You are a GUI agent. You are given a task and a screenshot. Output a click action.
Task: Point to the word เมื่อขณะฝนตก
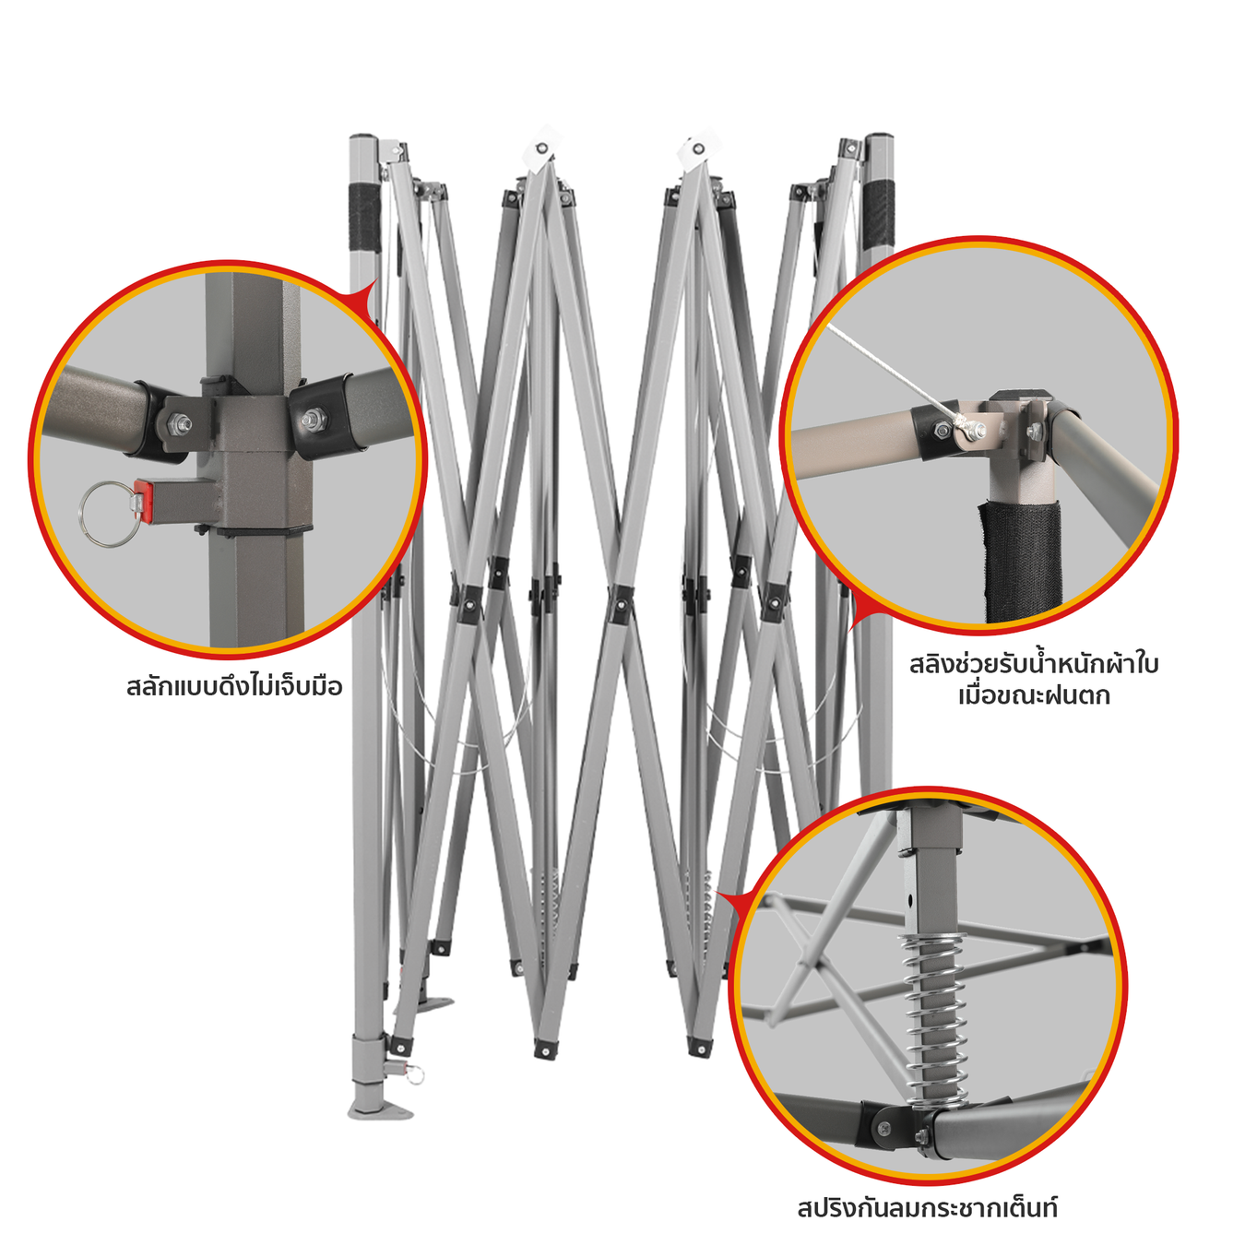click(x=1034, y=696)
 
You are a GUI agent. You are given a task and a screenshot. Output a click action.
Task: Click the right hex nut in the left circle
click(x=314, y=419)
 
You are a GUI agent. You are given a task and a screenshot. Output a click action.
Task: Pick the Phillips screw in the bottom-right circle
click(x=884, y=1128)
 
